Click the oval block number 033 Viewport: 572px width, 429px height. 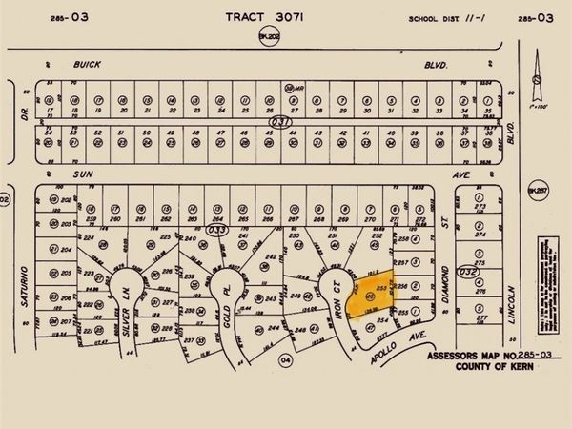tap(217, 230)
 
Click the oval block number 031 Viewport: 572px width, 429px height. tap(278, 123)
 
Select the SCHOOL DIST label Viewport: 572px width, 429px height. tap(435, 18)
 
